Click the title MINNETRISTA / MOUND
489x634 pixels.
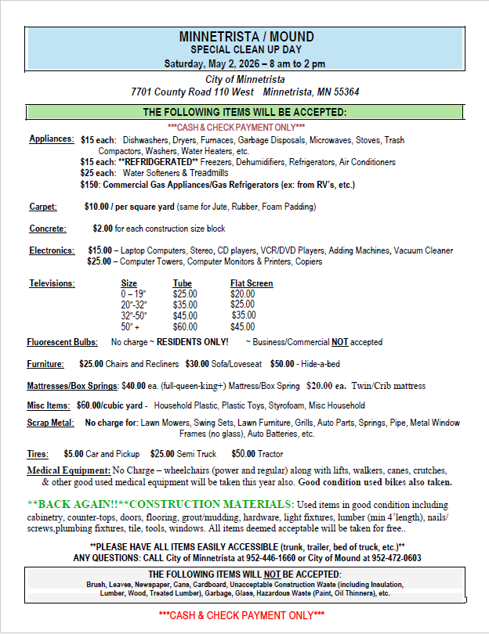click(246, 37)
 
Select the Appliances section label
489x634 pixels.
click(52, 139)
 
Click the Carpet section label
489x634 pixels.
click(43, 207)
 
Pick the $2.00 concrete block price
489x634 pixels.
click(103, 229)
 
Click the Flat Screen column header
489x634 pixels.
click(252, 283)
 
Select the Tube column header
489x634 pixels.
click(183, 283)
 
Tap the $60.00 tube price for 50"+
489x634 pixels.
click(185, 326)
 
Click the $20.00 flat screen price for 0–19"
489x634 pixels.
click(242, 294)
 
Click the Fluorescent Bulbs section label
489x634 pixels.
click(63, 342)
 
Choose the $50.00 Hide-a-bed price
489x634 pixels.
click(283, 364)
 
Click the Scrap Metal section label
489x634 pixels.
click(50, 423)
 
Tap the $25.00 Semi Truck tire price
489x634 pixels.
click(162, 454)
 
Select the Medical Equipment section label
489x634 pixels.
click(69, 470)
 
